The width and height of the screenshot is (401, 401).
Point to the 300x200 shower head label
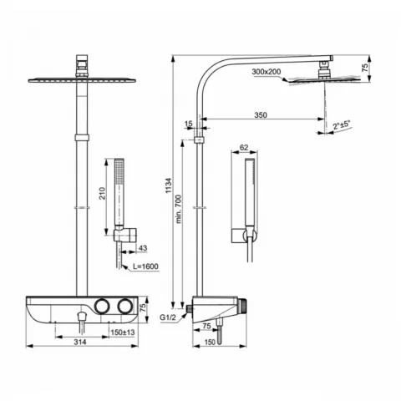point(266,73)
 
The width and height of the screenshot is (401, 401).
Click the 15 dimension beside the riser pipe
point(189,124)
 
